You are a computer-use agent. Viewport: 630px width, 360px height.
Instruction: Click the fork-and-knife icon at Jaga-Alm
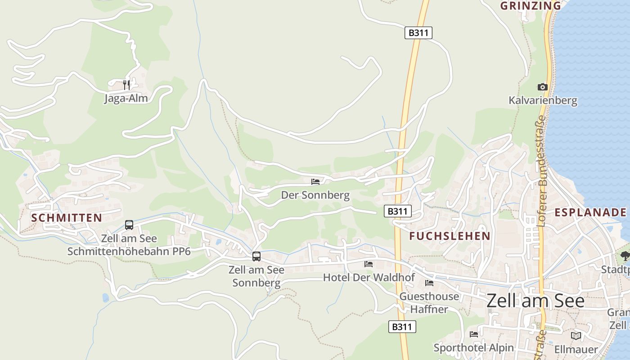[126, 85]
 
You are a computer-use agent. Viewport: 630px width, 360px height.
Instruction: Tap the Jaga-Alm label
[126, 98]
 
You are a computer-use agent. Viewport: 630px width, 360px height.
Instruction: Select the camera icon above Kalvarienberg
[543, 87]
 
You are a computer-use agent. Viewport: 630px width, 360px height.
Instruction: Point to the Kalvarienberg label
[543, 100]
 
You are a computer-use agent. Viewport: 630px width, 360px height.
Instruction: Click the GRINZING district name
[531, 6]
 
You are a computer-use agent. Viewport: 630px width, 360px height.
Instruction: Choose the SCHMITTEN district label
[67, 218]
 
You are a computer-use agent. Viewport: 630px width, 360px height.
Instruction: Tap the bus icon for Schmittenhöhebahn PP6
[129, 225]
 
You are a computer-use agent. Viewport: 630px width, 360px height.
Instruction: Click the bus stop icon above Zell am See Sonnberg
[256, 256]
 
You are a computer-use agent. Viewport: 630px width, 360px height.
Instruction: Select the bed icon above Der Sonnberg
[315, 182]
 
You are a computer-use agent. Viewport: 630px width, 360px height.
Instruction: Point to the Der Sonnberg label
[315, 195]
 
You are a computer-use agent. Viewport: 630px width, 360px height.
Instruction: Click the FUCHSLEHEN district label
[450, 236]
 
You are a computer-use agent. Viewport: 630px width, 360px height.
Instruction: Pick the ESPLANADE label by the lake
[590, 212]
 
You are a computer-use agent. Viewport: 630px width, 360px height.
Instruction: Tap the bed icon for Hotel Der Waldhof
[369, 264]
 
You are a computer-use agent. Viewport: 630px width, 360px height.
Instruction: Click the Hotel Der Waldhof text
[369, 277]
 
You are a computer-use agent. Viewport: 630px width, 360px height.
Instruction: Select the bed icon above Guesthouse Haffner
[429, 283]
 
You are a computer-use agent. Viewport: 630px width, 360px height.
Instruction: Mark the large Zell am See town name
[535, 301]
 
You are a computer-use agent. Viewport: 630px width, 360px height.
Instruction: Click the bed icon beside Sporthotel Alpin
[474, 334]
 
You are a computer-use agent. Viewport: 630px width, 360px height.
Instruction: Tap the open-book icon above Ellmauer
[576, 336]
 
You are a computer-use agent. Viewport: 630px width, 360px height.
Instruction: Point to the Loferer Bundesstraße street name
[541, 171]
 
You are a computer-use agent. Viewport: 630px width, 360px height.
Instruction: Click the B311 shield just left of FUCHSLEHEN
[398, 211]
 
